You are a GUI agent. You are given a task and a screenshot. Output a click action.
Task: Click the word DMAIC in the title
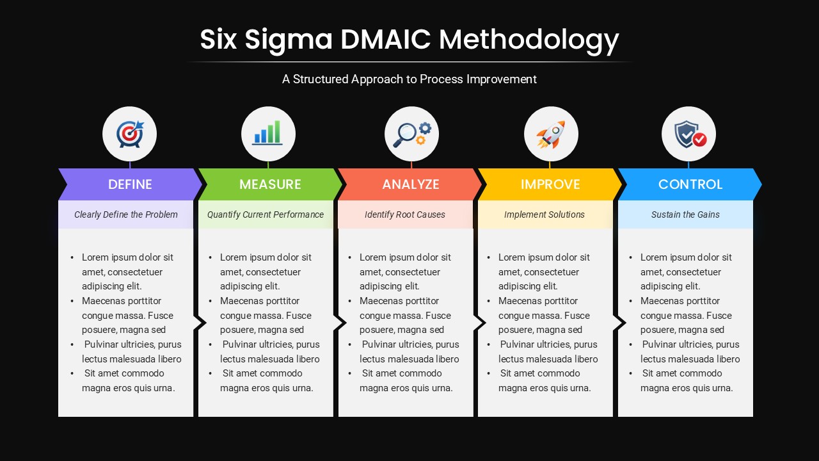click(386, 40)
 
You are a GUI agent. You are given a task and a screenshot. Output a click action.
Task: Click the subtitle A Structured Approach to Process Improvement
click(409, 79)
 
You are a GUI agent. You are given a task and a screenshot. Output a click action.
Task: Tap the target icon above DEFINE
click(130, 134)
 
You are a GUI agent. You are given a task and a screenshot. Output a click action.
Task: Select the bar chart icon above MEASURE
click(268, 134)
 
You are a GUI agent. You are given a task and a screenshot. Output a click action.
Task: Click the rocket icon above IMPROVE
click(550, 134)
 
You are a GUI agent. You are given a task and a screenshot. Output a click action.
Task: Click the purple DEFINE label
click(130, 184)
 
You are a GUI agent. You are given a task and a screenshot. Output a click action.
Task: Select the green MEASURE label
click(270, 184)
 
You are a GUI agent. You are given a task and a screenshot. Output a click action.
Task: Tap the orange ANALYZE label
click(411, 184)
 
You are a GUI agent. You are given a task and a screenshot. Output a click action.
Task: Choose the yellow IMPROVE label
click(550, 184)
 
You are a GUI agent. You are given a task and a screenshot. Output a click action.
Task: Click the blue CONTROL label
click(690, 184)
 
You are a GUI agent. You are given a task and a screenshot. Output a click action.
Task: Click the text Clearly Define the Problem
click(126, 214)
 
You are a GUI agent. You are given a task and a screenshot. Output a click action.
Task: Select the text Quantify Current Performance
click(266, 214)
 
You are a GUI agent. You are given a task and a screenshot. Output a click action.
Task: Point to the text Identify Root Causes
click(405, 214)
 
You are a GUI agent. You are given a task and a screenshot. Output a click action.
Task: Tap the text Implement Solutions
click(545, 214)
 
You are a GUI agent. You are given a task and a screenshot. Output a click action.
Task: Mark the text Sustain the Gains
click(685, 214)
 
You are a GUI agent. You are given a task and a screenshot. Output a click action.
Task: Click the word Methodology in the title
click(529, 40)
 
